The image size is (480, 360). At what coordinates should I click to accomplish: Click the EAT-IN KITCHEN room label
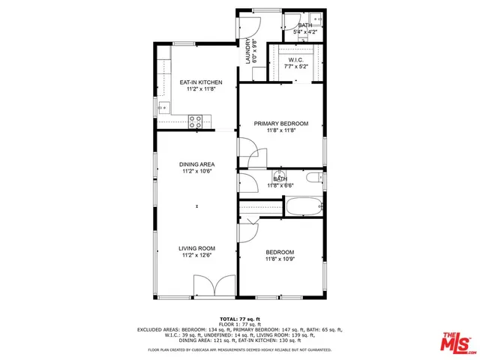[x=197, y=82]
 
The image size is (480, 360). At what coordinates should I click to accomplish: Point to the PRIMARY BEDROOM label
[x=281, y=123]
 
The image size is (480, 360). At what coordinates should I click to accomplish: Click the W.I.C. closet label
[x=295, y=60]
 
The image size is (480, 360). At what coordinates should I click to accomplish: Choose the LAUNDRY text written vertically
[x=248, y=52]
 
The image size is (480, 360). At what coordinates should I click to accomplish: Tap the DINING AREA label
[x=197, y=164]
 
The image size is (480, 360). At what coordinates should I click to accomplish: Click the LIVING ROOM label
[x=197, y=248]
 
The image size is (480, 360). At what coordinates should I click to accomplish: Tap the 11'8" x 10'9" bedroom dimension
[x=280, y=259]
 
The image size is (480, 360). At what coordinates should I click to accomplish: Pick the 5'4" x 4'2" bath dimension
[x=304, y=32]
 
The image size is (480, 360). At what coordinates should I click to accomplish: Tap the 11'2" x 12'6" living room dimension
[x=197, y=256]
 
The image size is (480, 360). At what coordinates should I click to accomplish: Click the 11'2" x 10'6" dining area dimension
[x=197, y=172]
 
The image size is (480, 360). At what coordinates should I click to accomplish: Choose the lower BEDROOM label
[x=280, y=252]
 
